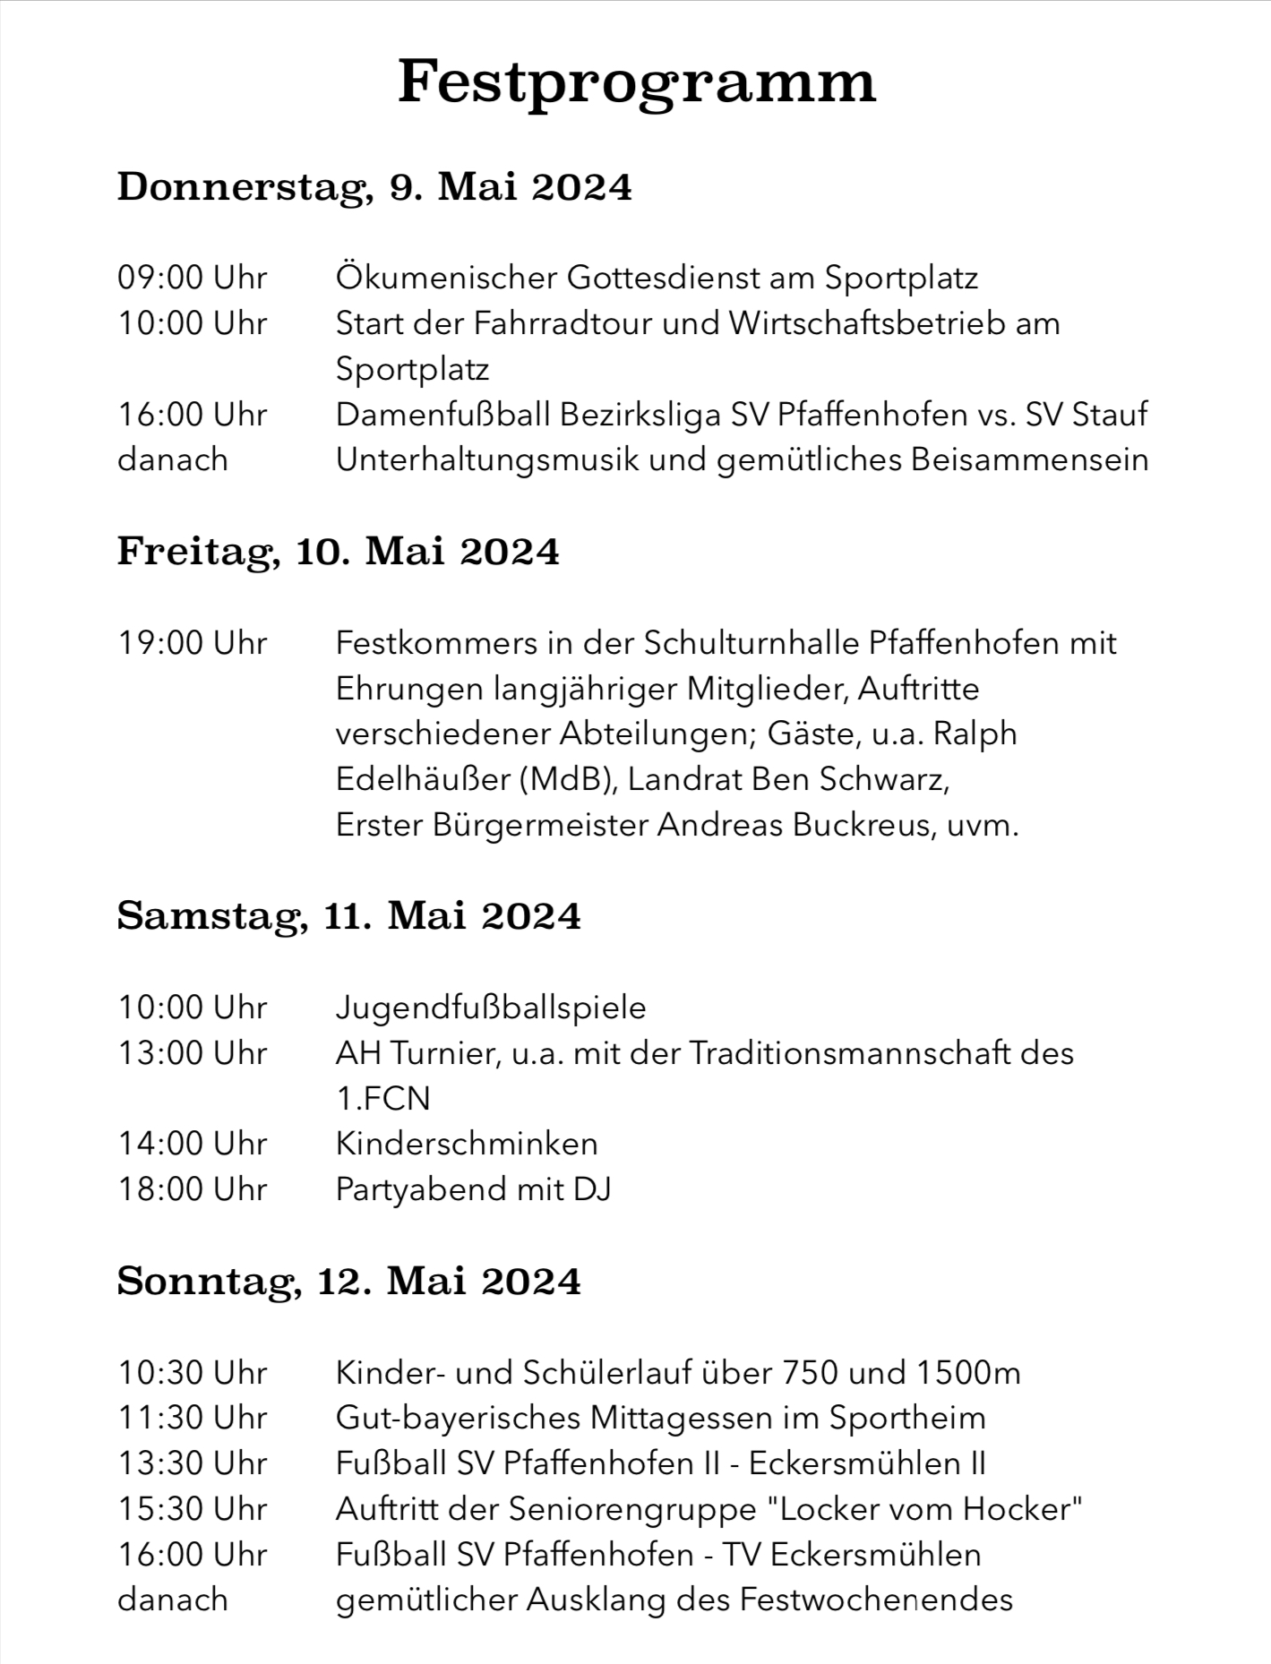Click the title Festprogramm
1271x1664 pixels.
click(x=636, y=82)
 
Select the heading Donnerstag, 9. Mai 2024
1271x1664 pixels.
click(x=374, y=186)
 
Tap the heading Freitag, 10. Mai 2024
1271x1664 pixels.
click(x=338, y=551)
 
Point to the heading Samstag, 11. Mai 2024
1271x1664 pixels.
click(x=348, y=915)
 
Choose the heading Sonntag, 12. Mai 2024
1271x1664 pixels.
click(x=348, y=1281)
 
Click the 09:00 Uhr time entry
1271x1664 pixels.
click(x=193, y=278)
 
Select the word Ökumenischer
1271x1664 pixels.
click(x=445, y=278)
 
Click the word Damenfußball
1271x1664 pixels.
click(x=442, y=415)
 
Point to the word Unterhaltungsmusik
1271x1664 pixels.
click(x=486, y=459)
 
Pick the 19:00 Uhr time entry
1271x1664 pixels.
click(x=193, y=643)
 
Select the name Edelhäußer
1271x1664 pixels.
click(x=422, y=779)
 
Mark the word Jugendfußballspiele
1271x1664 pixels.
click(x=491, y=1008)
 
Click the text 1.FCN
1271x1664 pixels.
click(x=383, y=1098)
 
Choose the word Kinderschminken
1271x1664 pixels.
click(x=467, y=1144)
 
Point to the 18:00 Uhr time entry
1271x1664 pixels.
click(x=193, y=1189)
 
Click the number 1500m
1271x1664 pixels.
click(x=968, y=1372)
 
